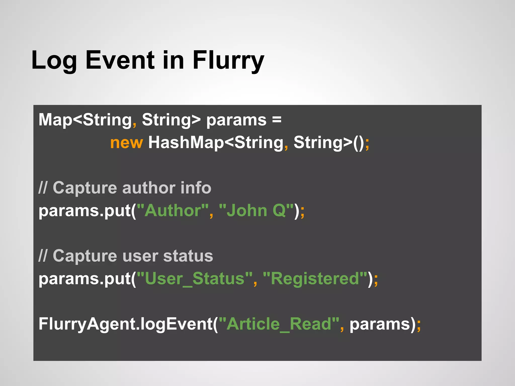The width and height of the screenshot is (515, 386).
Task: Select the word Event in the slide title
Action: [120, 60]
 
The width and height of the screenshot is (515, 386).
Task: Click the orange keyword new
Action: [126, 143]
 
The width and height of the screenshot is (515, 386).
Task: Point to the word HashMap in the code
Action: [186, 143]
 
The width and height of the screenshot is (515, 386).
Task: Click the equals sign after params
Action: [277, 120]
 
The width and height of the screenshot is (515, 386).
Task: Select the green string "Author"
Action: [173, 211]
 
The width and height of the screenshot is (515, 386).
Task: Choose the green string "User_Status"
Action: [195, 279]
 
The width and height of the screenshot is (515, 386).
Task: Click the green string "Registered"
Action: [315, 279]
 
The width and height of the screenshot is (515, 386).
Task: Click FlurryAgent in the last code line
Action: [87, 324]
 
